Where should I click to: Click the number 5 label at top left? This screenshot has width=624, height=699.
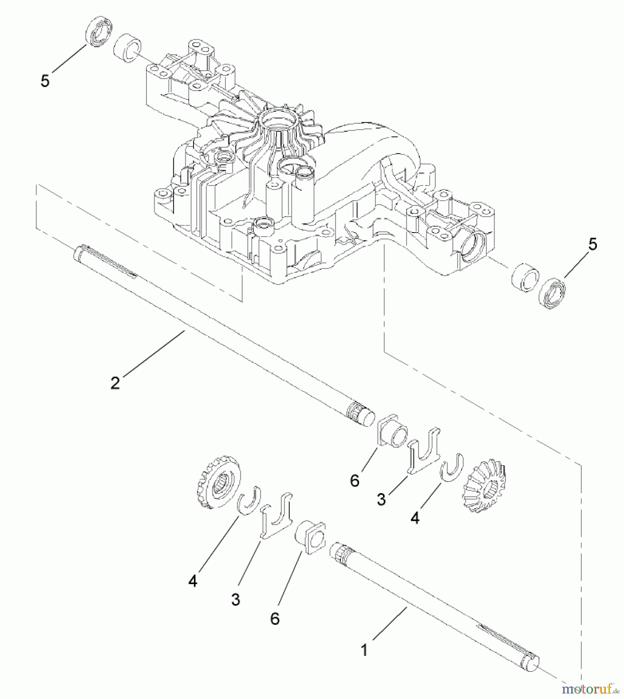pos(45,81)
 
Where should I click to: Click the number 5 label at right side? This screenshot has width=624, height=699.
pos(592,244)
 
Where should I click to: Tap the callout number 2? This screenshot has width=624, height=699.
pos(115,383)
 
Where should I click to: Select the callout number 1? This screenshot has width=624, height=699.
pos(364,650)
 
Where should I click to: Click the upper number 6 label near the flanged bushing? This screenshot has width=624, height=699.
pos(355,480)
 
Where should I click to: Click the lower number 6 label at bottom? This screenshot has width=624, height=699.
pos(275,618)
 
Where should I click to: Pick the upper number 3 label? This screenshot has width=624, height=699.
pos(382,499)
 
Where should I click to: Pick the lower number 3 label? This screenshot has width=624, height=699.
pos(235,600)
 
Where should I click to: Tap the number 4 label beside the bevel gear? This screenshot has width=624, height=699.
pos(415,517)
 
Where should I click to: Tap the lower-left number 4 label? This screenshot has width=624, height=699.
pos(193,581)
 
